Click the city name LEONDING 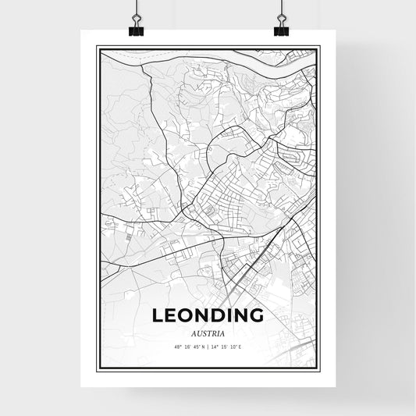(208, 316)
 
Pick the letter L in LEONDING (158, 316)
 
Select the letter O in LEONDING (186, 316)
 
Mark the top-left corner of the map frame (97, 46)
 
